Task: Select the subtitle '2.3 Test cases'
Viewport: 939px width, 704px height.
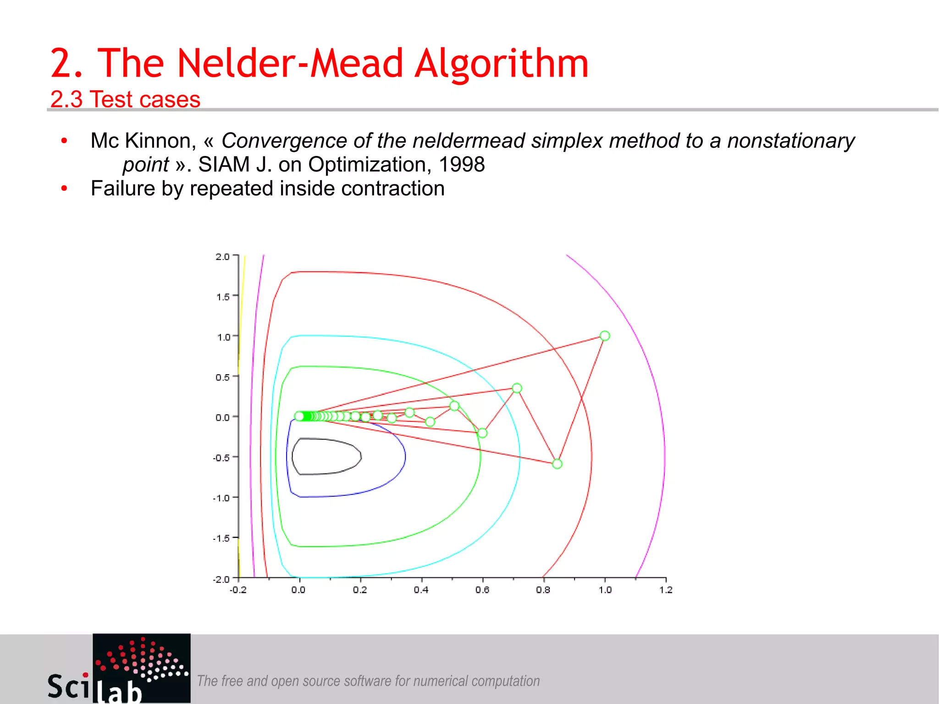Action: coord(125,99)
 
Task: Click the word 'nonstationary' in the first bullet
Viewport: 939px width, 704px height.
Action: coord(791,140)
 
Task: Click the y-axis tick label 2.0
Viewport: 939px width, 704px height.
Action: coord(222,256)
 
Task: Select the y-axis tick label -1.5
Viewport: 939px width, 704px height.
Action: coord(221,538)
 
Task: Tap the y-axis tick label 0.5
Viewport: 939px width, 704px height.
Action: coord(222,377)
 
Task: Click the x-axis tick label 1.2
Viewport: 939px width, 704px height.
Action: coord(666,590)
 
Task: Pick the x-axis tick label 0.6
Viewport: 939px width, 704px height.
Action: coord(482,590)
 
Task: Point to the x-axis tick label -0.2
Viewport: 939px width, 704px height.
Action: coord(238,590)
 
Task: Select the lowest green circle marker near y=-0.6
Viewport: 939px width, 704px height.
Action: coord(557,464)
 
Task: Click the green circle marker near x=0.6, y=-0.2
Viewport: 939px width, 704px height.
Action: coord(482,433)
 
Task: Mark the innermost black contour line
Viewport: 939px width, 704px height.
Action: coord(361,456)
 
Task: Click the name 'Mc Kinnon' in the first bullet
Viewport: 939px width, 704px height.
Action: coord(143,141)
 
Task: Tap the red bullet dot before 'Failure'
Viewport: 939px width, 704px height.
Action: coord(64,188)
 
